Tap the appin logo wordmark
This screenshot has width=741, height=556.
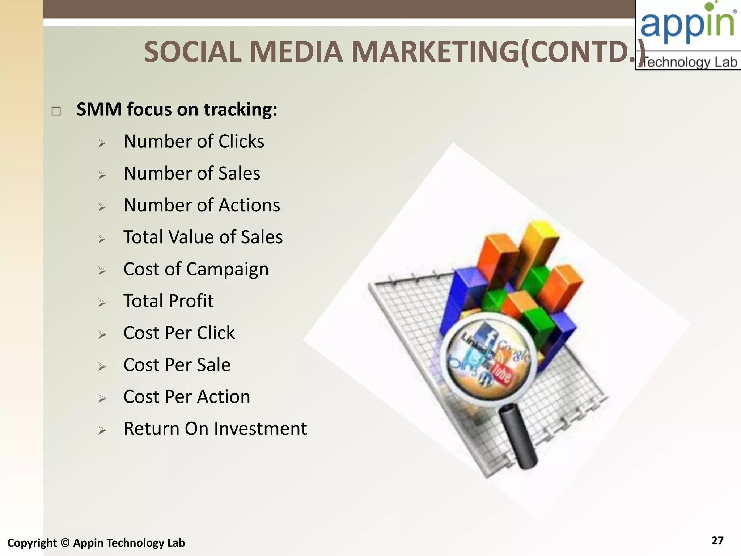coord(687,24)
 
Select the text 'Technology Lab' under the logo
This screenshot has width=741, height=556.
coord(690,62)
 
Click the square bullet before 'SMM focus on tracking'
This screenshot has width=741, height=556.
coord(56,111)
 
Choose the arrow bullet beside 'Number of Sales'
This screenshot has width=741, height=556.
coord(102,175)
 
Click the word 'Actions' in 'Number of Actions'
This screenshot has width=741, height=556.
coord(249,205)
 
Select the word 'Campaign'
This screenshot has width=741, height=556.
coord(228,270)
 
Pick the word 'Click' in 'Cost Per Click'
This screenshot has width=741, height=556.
coord(216,333)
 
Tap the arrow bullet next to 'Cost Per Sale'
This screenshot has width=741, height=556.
coord(102,367)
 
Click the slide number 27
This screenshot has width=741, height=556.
coord(717,540)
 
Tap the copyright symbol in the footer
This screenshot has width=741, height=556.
coord(65,543)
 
